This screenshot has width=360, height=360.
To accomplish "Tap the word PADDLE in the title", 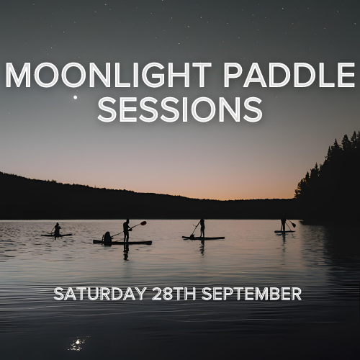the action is (289, 75).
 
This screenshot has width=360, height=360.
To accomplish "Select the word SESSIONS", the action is (180, 109).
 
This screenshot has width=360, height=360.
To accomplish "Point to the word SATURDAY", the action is (99, 293).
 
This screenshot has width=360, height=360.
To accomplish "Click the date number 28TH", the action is (174, 293).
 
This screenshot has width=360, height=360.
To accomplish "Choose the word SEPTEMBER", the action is (251, 293).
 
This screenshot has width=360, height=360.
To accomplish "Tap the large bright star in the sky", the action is (76, 97).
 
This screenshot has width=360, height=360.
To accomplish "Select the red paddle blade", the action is (143, 223).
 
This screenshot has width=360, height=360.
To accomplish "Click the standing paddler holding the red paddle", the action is (126, 230).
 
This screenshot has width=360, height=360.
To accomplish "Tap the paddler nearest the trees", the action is (284, 223).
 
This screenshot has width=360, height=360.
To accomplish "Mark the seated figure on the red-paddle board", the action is (107, 238).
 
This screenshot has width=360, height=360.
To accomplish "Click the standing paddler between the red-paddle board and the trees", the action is (202, 228).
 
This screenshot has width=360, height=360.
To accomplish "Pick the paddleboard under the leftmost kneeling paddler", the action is (56, 235).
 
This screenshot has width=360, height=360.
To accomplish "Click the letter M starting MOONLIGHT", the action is (18, 75).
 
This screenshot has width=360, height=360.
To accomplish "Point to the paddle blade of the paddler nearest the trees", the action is (294, 225).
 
